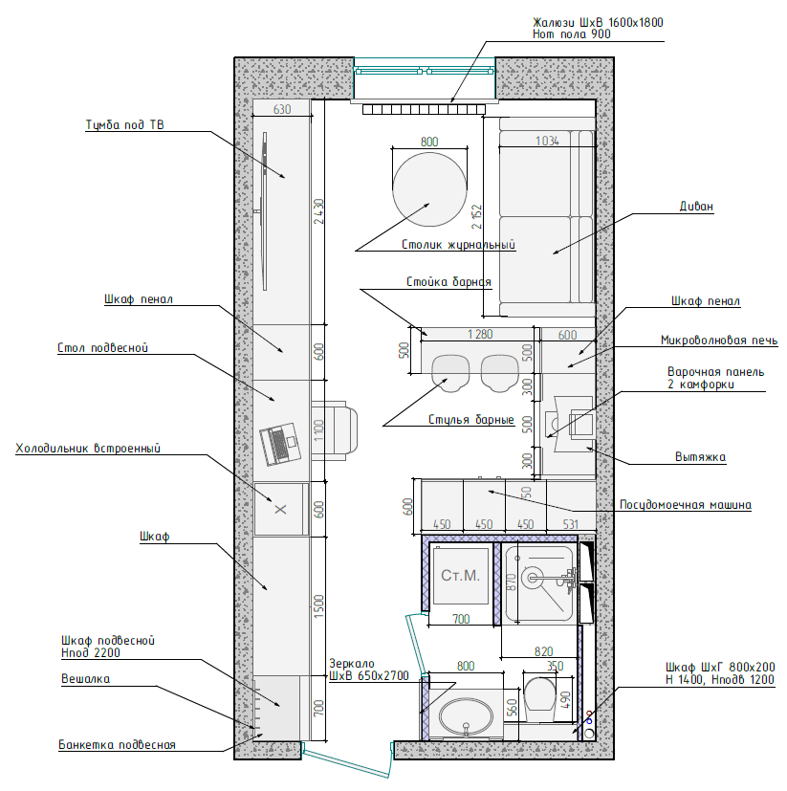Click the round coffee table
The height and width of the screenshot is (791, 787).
coord(429,189)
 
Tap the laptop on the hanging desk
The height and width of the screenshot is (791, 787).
coord(280,444)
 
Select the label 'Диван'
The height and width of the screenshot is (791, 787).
coord(696,207)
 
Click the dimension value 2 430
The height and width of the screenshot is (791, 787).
coord(318,211)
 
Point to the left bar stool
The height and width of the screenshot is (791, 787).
coord(450,373)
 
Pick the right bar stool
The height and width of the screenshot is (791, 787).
coord(499,373)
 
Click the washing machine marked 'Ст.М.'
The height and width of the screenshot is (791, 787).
coord(460,576)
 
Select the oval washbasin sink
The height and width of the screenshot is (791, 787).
coord(466,715)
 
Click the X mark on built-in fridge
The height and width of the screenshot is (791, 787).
coord(280,509)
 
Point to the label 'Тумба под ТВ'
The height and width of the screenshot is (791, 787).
coord(124,124)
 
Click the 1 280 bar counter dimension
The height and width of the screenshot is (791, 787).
coord(480,334)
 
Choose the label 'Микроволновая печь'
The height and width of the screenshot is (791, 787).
coord(719,341)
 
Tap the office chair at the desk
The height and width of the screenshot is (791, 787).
coord(334,430)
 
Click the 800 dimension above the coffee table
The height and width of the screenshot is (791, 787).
coord(429,142)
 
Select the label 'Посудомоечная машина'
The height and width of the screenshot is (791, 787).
coord(685,505)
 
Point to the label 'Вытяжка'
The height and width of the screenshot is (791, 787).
coord(700,457)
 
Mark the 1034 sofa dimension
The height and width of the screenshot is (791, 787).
coord(547,141)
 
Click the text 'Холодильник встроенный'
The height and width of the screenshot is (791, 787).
coord(88,449)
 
